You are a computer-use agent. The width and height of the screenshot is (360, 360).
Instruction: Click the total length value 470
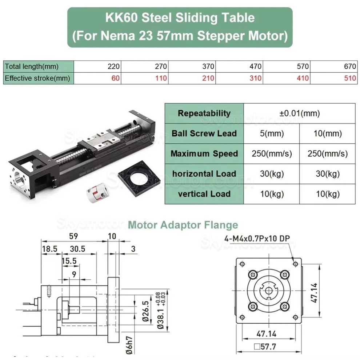pyautogui.click(x=255, y=67)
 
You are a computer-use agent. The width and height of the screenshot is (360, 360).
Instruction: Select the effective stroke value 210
pyautogui.click(x=208, y=78)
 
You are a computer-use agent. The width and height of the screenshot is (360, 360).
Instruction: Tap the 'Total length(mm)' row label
pyautogui.click(x=32, y=67)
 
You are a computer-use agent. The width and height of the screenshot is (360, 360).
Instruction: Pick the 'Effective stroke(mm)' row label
pyautogui.click(x=37, y=78)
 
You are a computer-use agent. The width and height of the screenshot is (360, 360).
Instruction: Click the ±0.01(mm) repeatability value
pyautogui.click(x=300, y=113)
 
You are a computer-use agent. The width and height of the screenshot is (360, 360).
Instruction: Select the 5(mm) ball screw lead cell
pyautogui.click(x=272, y=133)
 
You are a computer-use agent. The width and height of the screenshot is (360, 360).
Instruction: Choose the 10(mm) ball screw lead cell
pyautogui.click(x=328, y=133)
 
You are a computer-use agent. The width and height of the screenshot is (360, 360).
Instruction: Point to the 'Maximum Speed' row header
pyautogui.click(x=204, y=153)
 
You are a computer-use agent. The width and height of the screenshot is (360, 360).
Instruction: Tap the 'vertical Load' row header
pyautogui.click(x=204, y=194)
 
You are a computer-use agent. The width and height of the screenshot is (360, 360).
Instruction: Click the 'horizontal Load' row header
pyautogui.click(x=204, y=174)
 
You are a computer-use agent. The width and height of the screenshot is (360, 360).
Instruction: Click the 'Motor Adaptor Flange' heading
pyautogui.click(x=183, y=225)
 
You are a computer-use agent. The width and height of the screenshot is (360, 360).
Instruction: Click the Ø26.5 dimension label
pyautogui.click(x=145, y=311)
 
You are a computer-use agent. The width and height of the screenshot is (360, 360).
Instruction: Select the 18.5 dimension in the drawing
pyautogui.click(x=49, y=249)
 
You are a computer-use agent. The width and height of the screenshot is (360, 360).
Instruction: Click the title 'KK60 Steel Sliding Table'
pyautogui.click(x=180, y=17)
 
